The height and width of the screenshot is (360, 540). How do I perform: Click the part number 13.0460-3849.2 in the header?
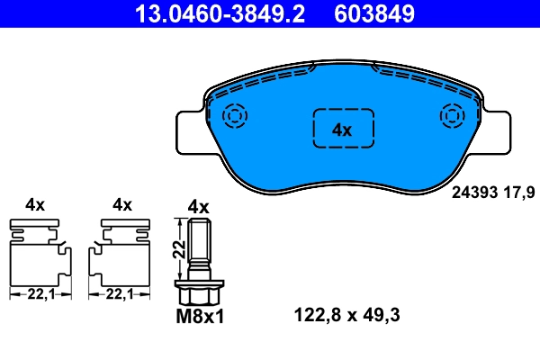(220, 13)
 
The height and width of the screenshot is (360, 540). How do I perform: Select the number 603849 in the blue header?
(374, 13)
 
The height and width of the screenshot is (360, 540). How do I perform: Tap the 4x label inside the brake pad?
(342, 130)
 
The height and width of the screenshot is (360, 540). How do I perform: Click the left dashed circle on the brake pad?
(235, 115)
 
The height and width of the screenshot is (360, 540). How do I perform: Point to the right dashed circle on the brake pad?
(453, 115)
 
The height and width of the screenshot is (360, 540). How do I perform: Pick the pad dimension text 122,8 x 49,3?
(346, 315)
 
